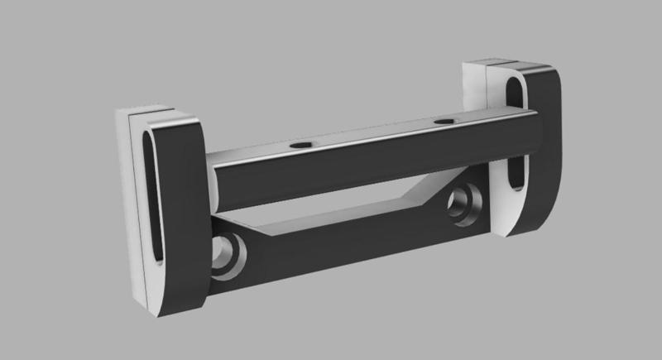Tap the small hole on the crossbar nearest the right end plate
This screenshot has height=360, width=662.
pos(444,122)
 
